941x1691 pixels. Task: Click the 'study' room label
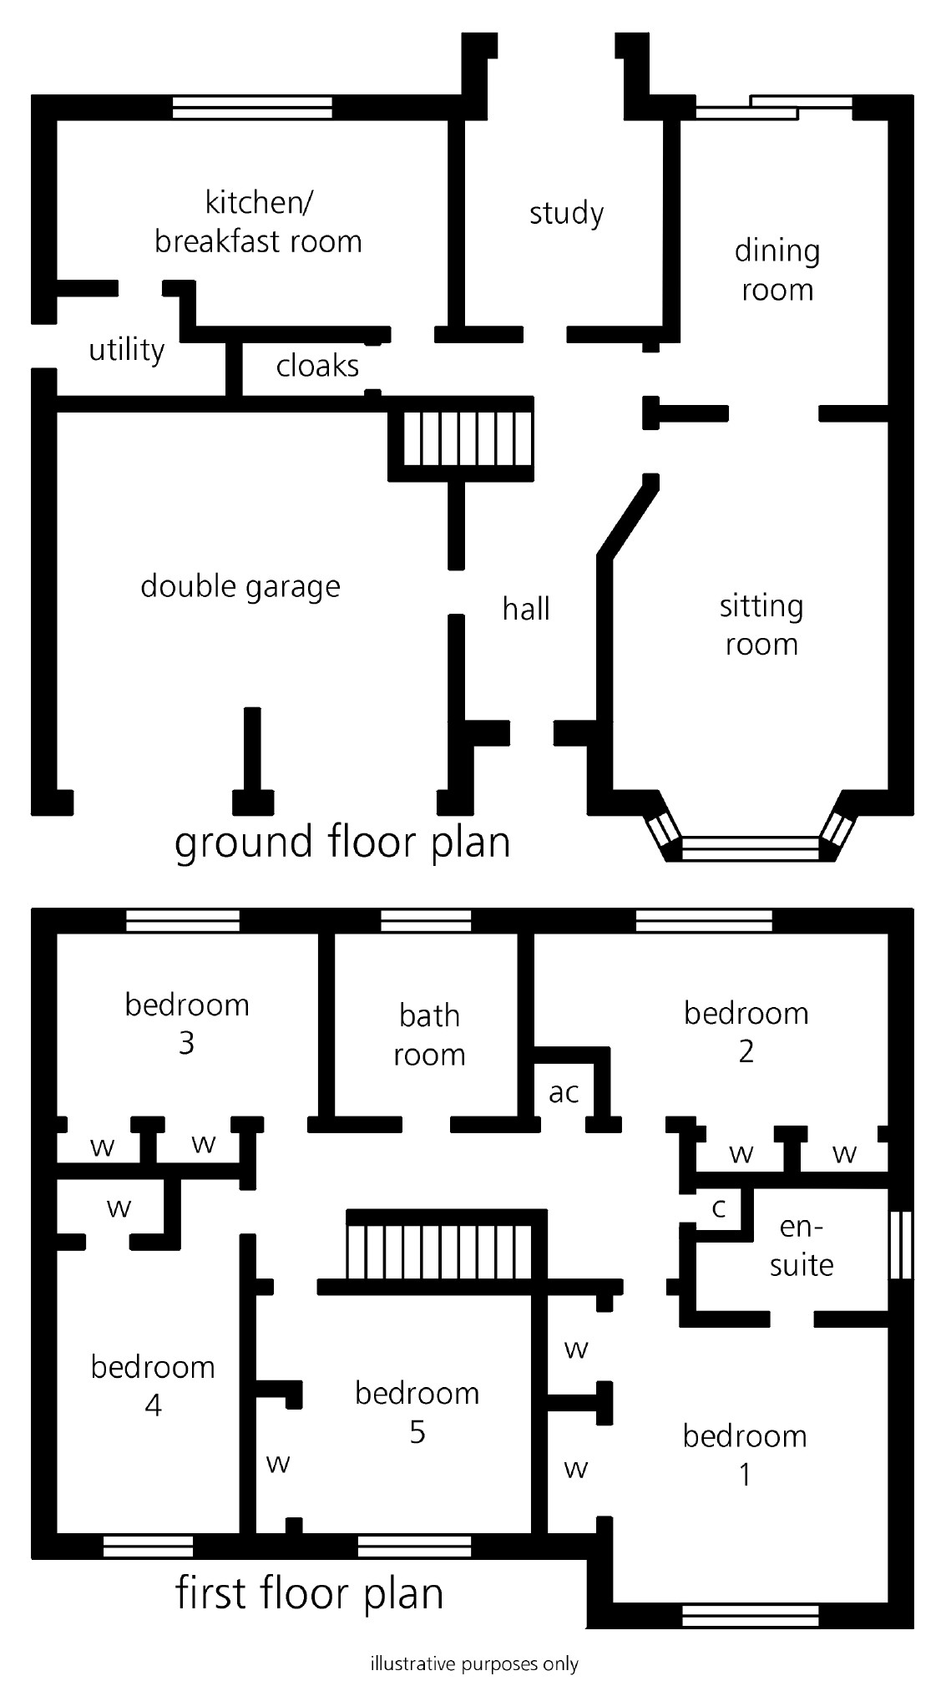coord(566,214)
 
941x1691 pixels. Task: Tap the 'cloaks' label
coord(317,366)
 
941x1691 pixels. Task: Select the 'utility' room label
coord(127,350)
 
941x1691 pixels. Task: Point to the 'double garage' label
coord(240,586)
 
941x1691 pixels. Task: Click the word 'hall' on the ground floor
coord(526,609)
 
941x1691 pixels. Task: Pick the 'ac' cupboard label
coord(564,1092)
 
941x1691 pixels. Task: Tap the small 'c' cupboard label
coord(718,1207)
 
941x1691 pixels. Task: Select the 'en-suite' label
coord(802,1246)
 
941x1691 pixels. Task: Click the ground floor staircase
coord(468,439)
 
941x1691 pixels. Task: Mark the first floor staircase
coord(439,1249)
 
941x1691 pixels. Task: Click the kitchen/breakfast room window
coord(252,108)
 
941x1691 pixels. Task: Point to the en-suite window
coord(900,1244)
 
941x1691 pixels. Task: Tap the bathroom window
coord(426,921)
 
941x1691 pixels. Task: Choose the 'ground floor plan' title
coord(342,842)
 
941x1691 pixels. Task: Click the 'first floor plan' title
coord(309,1593)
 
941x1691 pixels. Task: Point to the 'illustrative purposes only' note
coord(474,1664)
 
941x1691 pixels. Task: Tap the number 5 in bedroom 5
coord(417,1433)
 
